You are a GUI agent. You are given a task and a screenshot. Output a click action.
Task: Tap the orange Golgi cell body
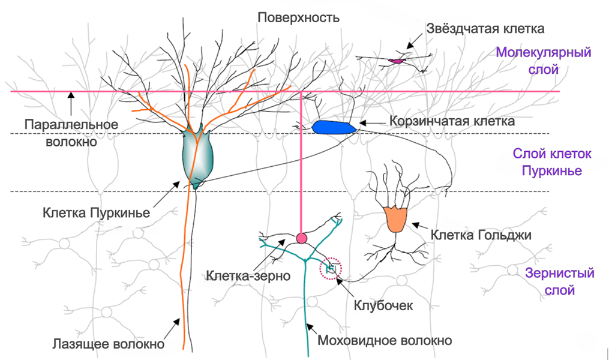click(396, 218)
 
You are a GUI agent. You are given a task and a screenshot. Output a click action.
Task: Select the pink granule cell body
click(302, 238)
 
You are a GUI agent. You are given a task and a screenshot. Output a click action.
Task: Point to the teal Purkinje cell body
click(198, 157)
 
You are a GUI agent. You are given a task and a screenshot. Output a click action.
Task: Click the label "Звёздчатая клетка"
click(485, 28)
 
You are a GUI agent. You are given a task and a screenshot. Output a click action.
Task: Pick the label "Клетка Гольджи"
click(481, 235)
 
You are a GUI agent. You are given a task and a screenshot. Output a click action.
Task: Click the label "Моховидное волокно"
click(384, 341)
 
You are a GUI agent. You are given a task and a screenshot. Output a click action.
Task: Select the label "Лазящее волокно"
click(108, 344)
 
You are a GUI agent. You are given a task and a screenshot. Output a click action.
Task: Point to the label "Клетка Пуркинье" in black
click(97, 212)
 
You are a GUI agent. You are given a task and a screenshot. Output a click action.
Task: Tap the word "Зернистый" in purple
click(559, 274)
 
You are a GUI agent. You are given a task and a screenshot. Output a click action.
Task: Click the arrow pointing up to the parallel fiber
click(71, 101)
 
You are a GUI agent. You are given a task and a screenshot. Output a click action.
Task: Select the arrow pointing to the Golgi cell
click(421, 228)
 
